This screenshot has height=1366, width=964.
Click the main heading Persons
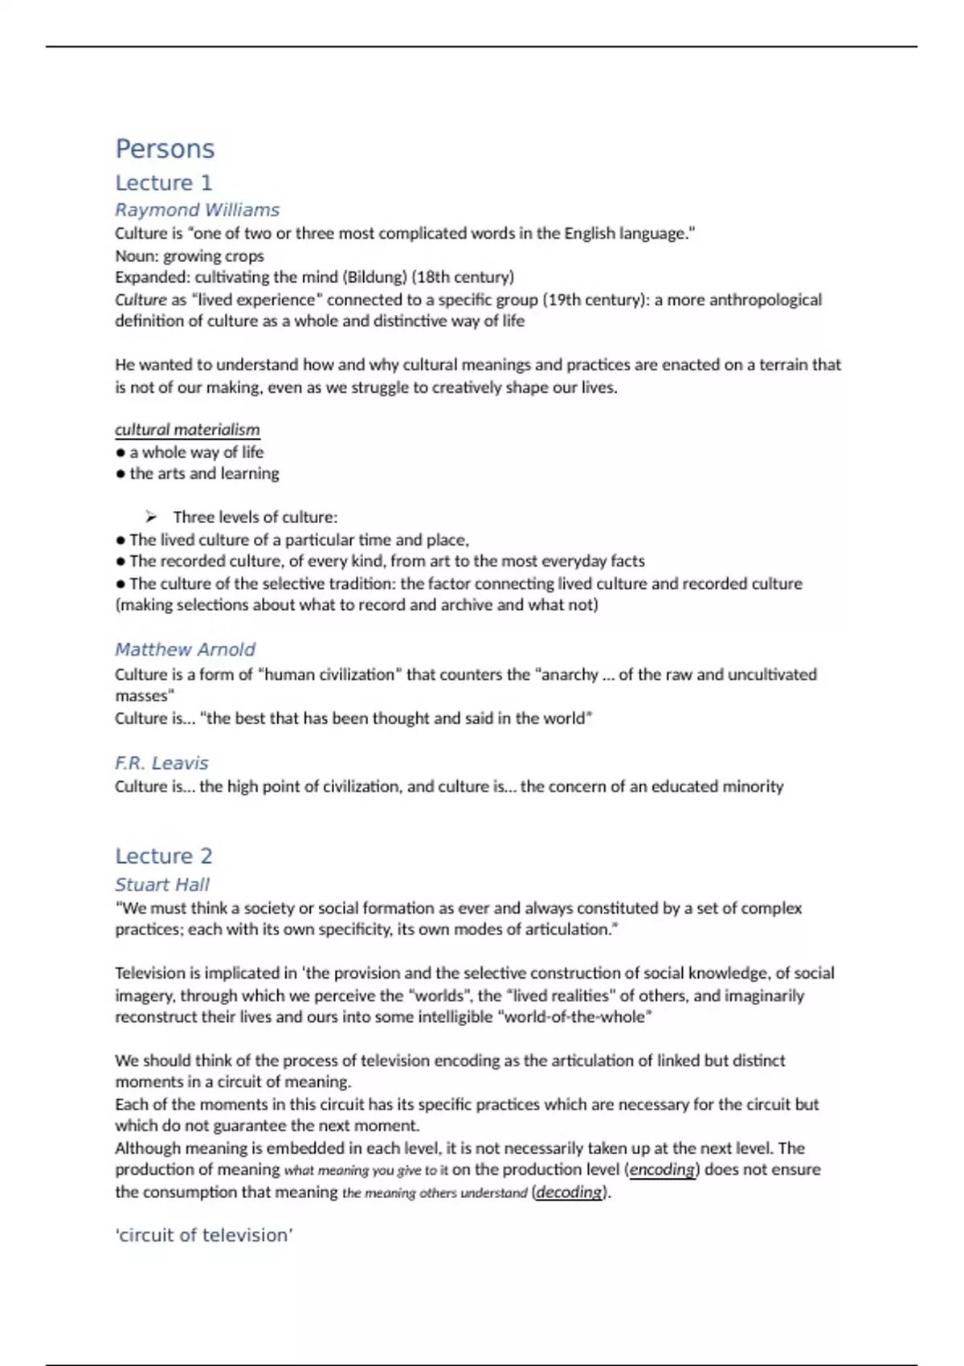(x=165, y=149)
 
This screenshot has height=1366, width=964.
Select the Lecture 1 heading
(x=163, y=183)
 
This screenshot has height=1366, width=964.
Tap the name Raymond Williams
(x=197, y=210)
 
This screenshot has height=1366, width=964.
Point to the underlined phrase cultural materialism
(x=187, y=430)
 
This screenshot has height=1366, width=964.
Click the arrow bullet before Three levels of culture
(x=151, y=517)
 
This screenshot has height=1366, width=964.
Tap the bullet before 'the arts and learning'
(x=120, y=474)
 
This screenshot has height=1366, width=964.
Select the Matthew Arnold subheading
(x=185, y=649)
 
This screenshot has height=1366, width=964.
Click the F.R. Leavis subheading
(x=161, y=763)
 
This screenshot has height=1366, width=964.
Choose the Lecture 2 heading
(x=163, y=856)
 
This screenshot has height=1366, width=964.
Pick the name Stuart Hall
(x=161, y=885)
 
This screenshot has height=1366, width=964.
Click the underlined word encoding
(x=662, y=1170)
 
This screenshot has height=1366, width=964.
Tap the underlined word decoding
(x=569, y=1192)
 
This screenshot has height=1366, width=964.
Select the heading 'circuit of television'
(x=204, y=1235)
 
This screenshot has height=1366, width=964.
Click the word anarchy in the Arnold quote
(x=570, y=674)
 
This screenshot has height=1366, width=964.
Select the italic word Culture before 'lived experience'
(x=141, y=300)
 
